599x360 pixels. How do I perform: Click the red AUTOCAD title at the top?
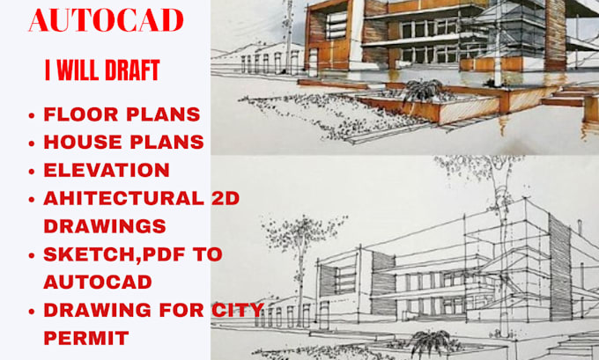coord(106,19)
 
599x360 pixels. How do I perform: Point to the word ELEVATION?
coord(106,170)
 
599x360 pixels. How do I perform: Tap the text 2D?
coord(223,197)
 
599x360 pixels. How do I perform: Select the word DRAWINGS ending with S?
coord(104,225)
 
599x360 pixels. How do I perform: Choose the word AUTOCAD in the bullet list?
coord(97,282)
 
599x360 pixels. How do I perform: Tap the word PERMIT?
coord(85,337)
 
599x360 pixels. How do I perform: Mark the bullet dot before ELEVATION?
coord(32,171)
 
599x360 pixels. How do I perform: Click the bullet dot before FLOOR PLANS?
coord(32,115)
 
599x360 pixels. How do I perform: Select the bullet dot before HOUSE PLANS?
coord(32,143)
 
